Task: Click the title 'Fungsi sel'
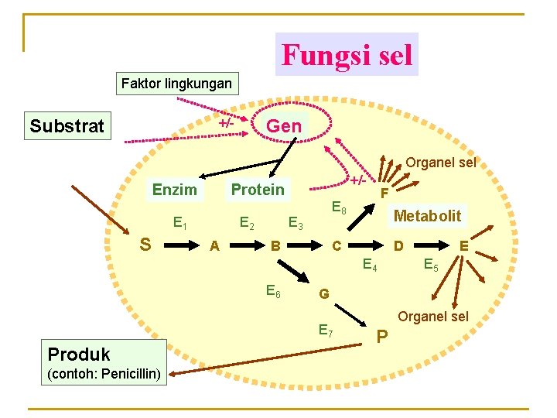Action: tap(347, 55)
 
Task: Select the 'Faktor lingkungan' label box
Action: tap(176, 82)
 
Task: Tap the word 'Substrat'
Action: tap(67, 125)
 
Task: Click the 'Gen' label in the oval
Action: tap(284, 125)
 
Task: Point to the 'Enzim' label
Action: tap(174, 190)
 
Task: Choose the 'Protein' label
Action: tap(258, 190)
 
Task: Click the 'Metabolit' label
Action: tap(427, 216)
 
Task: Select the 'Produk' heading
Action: tap(79, 355)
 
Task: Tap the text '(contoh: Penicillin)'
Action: tap(104, 375)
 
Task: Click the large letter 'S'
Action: tap(145, 245)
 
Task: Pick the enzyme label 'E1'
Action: tap(179, 224)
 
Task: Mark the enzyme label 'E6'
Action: tap(272, 291)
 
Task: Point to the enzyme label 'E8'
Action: tap(338, 207)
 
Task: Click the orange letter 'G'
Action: tap(324, 294)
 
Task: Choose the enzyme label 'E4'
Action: tap(371, 266)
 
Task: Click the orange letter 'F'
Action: tap(384, 192)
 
